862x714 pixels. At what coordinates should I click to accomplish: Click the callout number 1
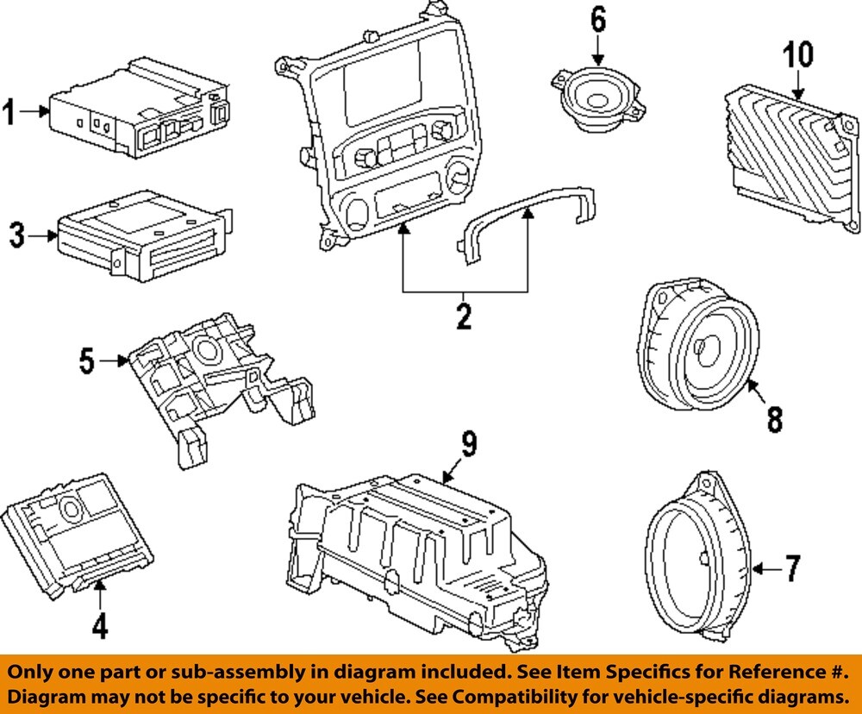pos(9,112)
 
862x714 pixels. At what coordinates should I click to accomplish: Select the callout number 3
pos(17,235)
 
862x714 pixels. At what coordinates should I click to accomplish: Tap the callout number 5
pos(87,360)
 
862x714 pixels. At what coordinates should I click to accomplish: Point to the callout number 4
pos(99,625)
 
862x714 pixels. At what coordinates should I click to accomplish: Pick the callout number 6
pos(598,19)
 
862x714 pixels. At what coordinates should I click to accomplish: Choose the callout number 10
pos(798,54)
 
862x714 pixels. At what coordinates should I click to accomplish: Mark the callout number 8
pos(775,420)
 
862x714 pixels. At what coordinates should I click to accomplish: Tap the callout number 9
pos(469,444)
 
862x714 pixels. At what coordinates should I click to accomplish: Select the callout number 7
pos(792,568)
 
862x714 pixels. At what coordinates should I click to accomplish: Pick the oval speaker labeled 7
pos(697,557)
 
